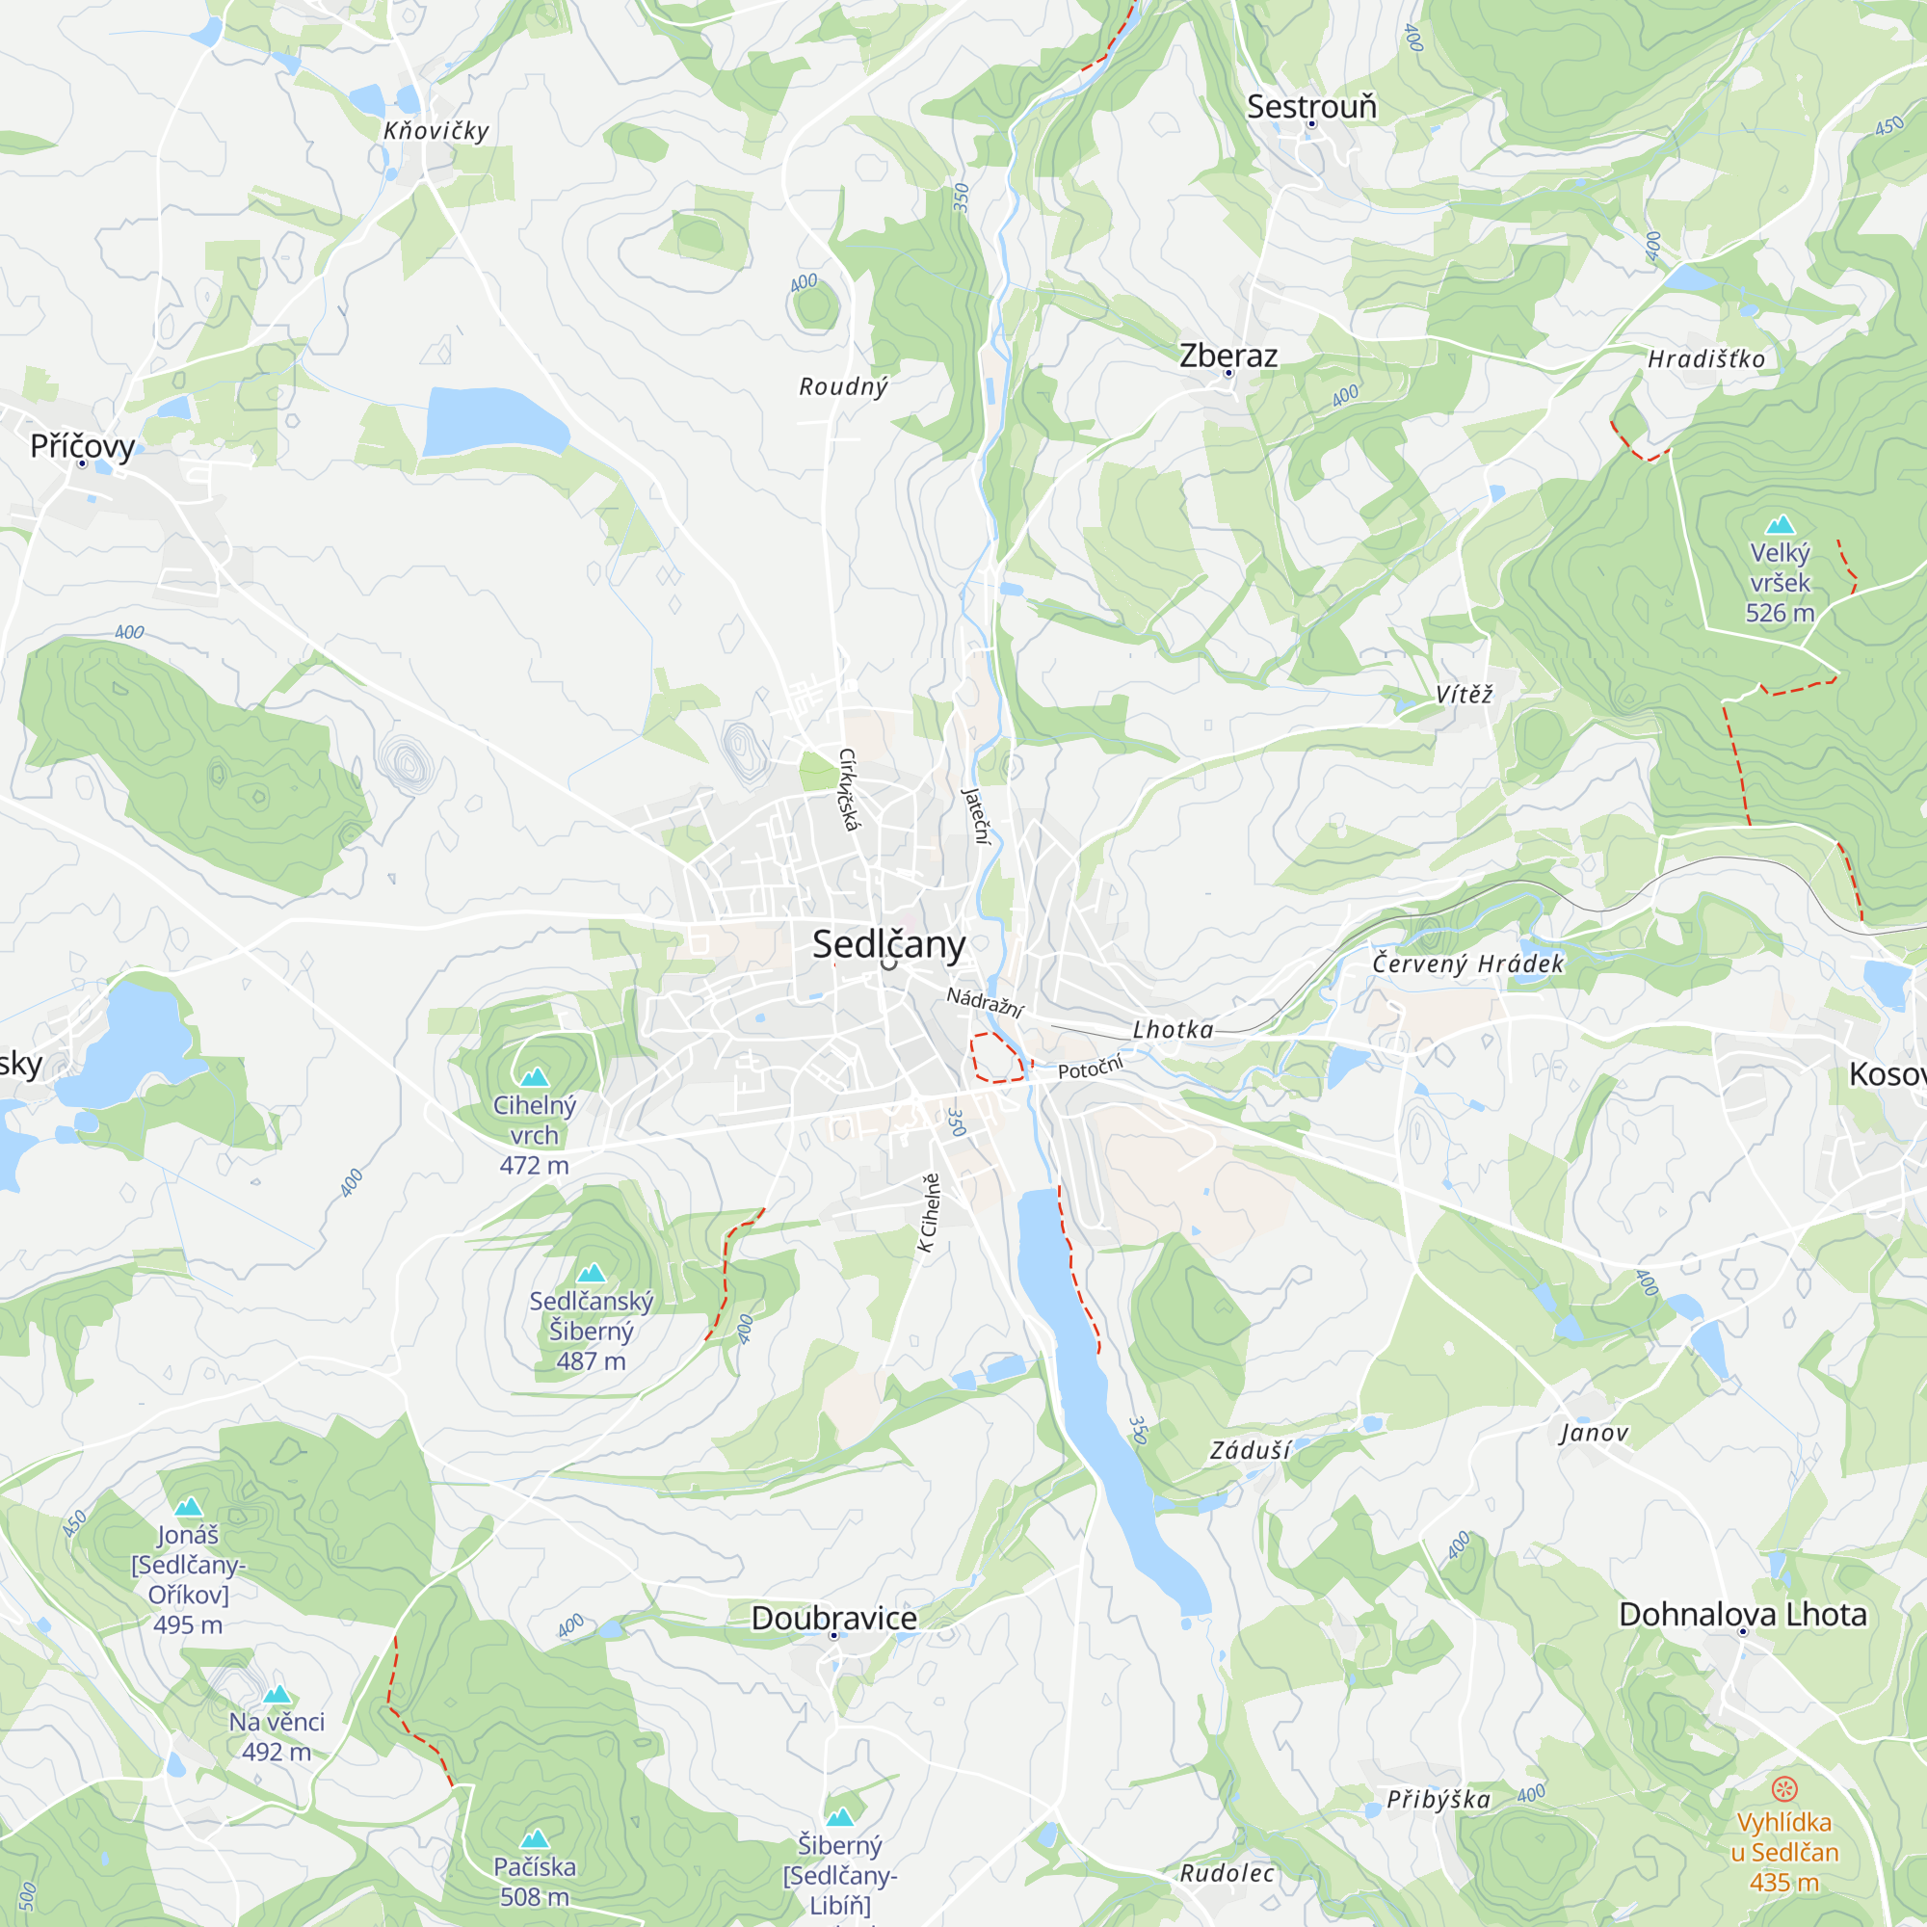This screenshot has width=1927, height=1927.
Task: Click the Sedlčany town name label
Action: [x=887, y=943]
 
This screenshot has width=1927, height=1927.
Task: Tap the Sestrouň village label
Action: [x=1310, y=106]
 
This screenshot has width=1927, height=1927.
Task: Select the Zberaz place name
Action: [x=1227, y=356]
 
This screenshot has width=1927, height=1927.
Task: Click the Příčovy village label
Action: [x=82, y=445]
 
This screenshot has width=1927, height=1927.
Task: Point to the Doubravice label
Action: [x=833, y=1617]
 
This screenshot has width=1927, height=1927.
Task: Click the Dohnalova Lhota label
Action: [x=1741, y=1613]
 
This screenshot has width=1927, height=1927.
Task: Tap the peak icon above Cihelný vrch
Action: [x=535, y=1076]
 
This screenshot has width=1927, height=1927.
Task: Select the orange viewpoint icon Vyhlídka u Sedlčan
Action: [x=1783, y=1788]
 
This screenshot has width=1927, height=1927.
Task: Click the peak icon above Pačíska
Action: [x=535, y=1837]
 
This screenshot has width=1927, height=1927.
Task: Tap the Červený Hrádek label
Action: [x=1467, y=963]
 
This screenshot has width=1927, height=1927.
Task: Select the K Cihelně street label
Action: [x=929, y=1212]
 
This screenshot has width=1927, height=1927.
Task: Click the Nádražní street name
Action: [x=985, y=1001]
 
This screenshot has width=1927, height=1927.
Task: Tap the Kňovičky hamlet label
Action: [x=436, y=131]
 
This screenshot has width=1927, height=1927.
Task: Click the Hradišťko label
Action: [x=1705, y=359]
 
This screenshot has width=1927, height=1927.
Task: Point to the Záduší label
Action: [x=1250, y=1450]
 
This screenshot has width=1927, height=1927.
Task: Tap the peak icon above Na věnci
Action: [x=277, y=1694]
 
